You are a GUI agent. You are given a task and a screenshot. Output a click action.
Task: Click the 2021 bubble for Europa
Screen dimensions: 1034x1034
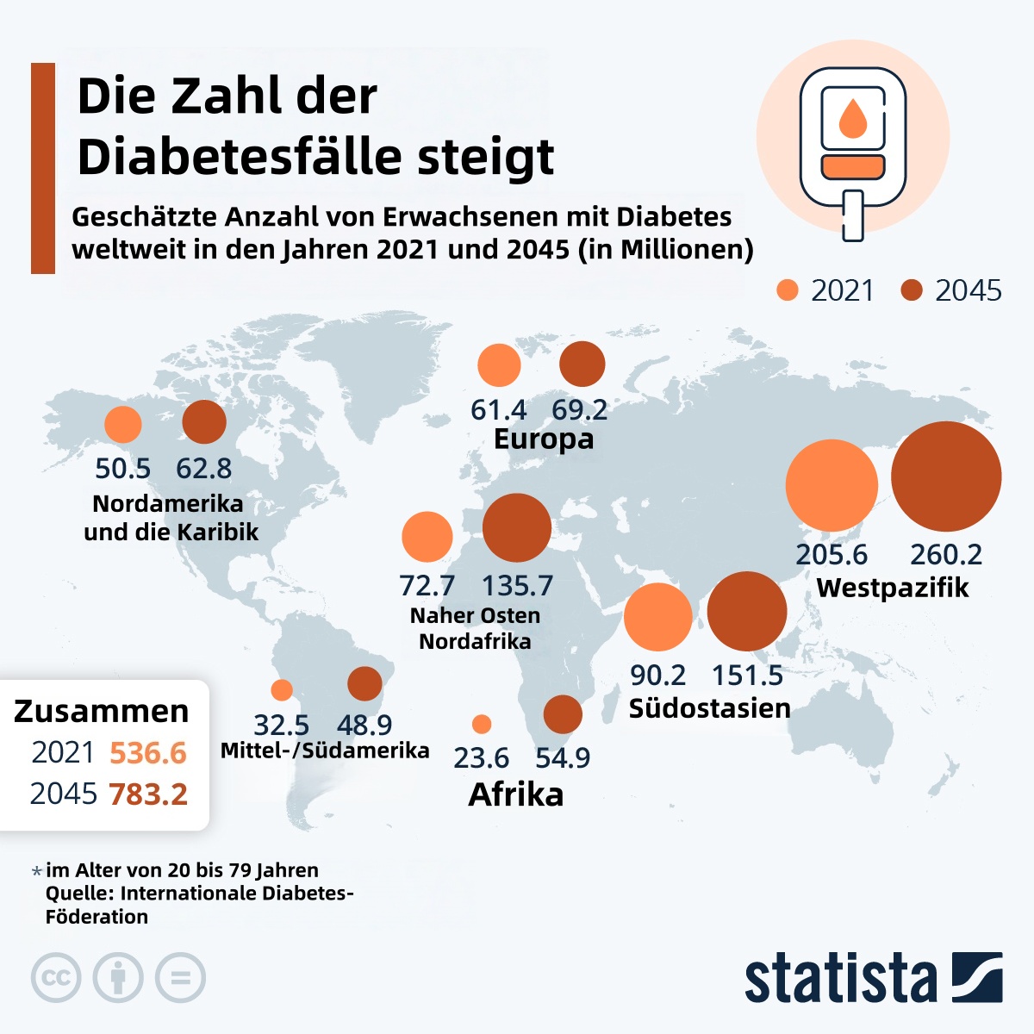point(499,364)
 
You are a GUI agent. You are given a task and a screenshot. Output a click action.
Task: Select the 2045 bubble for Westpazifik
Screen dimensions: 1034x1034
point(946,476)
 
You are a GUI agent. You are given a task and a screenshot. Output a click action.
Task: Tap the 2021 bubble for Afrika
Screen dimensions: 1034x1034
point(482,724)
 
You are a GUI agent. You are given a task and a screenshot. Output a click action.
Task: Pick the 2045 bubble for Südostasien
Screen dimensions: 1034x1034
point(747,611)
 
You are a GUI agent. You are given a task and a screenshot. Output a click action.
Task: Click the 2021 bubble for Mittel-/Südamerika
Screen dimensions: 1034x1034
point(282,689)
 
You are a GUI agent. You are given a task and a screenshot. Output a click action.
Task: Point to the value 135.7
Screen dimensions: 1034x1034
point(517,586)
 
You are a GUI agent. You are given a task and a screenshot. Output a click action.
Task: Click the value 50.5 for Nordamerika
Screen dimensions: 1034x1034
point(122,469)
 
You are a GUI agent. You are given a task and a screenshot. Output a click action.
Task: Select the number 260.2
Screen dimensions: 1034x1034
point(946,554)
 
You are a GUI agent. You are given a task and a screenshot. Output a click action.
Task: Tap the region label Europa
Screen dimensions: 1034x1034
point(544,439)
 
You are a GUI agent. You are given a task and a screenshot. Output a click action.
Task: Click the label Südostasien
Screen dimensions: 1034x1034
point(709,708)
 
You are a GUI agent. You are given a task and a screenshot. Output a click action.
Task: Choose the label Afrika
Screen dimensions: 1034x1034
point(515,794)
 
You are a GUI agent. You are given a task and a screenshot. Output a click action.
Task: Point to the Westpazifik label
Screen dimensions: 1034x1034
point(892,588)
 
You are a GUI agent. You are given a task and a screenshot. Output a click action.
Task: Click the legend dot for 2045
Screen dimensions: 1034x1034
point(912,290)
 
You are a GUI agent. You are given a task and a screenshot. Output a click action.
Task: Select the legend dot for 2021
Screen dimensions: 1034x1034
point(788,290)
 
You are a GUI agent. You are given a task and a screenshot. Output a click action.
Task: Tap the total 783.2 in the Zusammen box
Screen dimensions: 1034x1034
point(148,794)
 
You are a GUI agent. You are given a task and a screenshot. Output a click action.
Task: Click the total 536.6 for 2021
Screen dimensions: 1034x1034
point(148,752)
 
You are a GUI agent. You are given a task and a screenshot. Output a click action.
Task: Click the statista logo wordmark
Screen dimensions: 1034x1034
point(840,979)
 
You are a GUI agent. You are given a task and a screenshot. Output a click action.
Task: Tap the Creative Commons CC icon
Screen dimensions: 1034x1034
point(56,978)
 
